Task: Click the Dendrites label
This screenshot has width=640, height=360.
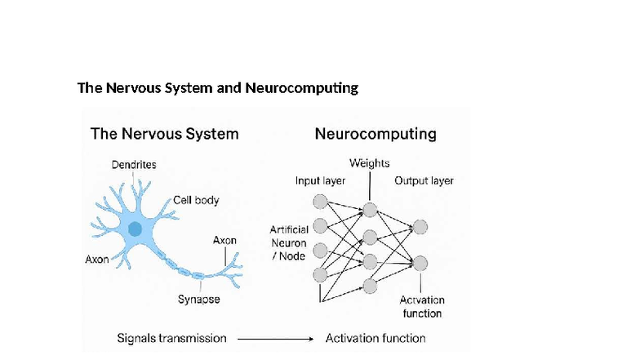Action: click(x=134, y=164)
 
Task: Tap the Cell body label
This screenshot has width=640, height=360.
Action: click(x=196, y=200)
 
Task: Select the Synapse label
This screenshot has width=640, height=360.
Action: click(x=199, y=300)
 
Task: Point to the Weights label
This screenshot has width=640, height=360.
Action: click(x=369, y=164)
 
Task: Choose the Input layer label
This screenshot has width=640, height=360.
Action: click(x=321, y=180)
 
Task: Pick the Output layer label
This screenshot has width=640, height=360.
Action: click(x=424, y=180)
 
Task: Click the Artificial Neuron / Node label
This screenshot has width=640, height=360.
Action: click(x=288, y=243)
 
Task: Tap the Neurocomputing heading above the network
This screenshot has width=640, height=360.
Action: click(x=376, y=133)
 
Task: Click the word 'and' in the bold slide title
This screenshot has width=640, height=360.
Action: click(x=229, y=87)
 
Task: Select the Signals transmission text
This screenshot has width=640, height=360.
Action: click(x=171, y=337)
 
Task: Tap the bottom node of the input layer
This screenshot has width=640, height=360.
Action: click(x=321, y=273)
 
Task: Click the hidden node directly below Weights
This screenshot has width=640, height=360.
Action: click(x=370, y=210)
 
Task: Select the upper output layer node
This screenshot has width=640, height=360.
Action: click(x=420, y=227)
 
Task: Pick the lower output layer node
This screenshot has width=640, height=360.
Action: click(x=420, y=263)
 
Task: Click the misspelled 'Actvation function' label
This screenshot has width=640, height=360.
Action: click(x=422, y=307)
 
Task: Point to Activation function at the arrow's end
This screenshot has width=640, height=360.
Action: click(x=376, y=337)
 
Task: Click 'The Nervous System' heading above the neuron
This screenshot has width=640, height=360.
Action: click(x=164, y=133)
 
